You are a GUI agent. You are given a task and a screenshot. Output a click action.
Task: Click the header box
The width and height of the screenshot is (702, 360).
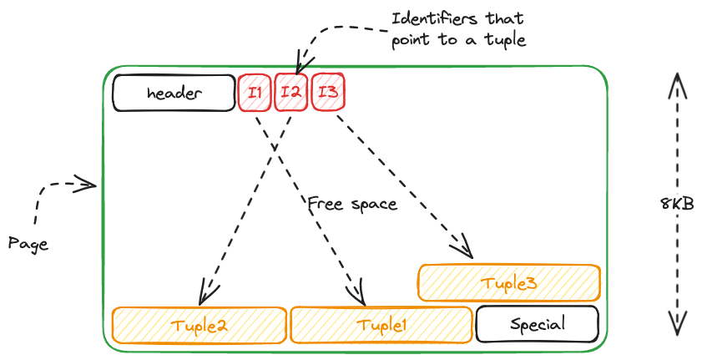click(174, 93)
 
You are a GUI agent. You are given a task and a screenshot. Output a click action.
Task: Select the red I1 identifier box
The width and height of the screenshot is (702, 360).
click(255, 93)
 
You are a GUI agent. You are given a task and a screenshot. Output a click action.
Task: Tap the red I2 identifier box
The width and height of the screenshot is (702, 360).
click(290, 93)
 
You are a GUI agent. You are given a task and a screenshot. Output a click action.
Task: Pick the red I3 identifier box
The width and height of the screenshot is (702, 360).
click(328, 92)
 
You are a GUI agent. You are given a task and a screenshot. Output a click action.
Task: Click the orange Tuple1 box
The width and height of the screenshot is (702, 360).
click(381, 325)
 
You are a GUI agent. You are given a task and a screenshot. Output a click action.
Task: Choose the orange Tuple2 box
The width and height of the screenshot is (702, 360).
click(199, 325)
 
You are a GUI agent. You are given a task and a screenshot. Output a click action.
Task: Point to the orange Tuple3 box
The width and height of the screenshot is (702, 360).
click(508, 283)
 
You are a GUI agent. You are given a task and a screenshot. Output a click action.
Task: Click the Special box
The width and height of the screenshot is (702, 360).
click(537, 324)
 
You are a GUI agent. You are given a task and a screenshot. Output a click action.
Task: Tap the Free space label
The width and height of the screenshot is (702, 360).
click(351, 203)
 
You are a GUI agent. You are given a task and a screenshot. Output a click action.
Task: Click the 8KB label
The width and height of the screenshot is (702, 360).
click(677, 204)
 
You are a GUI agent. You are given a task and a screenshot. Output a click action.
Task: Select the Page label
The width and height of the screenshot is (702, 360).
click(28, 244)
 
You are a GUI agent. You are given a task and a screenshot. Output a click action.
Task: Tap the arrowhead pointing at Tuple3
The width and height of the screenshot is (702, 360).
click(466, 251)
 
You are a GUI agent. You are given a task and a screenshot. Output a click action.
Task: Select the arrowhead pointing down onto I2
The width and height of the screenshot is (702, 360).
click(297, 66)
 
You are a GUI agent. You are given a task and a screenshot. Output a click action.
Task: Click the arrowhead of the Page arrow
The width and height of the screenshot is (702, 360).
click(88, 184)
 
